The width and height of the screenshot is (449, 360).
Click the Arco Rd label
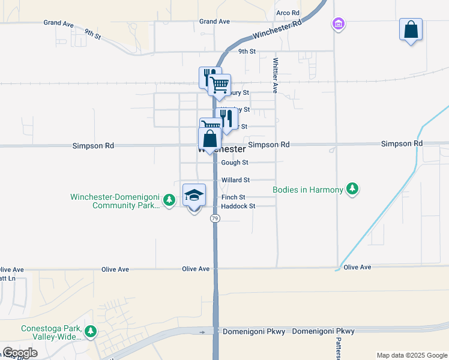[x=288, y=13]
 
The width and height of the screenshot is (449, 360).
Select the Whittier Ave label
[x=276, y=75]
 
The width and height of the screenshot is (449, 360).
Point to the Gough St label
[x=234, y=163]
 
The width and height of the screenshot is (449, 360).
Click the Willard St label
[x=235, y=180]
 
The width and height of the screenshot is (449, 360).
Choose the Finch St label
[x=234, y=197]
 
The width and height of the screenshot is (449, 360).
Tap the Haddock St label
[x=238, y=206]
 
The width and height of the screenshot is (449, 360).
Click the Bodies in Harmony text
[x=308, y=190]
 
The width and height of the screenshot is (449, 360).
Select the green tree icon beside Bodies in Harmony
[x=354, y=190]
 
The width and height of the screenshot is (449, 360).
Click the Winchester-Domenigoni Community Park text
[x=115, y=201]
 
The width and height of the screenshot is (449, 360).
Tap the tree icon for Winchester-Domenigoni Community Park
[x=170, y=200]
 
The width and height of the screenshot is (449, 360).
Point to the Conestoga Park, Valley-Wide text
[x=50, y=333]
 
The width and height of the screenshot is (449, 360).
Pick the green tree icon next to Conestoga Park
[x=91, y=331]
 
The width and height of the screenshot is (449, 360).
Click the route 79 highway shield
[x=215, y=218]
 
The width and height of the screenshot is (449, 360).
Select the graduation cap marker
[x=194, y=195]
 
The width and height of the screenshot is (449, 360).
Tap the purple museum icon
[x=339, y=24]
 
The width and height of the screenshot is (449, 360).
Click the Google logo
[x=20, y=353]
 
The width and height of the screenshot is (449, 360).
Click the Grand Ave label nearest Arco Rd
[x=215, y=22]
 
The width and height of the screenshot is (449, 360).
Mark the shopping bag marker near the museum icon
[x=411, y=29]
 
